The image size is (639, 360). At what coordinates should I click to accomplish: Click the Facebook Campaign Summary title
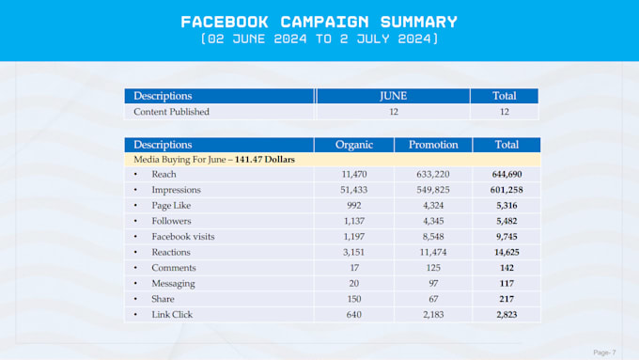(319, 22)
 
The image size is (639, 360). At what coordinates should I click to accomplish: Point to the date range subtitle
(319, 39)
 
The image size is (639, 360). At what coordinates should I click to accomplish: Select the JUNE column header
(393, 96)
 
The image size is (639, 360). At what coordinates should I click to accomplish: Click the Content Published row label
(171, 112)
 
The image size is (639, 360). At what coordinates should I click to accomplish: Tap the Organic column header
(353, 145)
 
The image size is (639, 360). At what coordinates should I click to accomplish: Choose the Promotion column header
(433, 145)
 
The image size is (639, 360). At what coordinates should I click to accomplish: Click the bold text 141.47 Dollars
(264, 160)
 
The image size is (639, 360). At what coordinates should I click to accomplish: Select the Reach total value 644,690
(507, 175)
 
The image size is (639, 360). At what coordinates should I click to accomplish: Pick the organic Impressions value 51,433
(353, 190)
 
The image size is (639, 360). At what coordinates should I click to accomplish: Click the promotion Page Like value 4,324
(433, 206)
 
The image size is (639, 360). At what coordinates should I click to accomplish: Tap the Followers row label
(171, 221)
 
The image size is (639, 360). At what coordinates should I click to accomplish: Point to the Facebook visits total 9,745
(507, 237)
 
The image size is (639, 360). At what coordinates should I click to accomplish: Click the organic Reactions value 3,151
(353, 252)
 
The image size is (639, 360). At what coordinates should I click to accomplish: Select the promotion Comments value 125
(433, 268)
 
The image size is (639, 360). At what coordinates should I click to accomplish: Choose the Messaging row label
(173, 284)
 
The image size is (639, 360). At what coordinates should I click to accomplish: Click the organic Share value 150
(353, 299)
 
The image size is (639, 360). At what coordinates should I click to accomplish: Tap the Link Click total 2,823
(507, 315)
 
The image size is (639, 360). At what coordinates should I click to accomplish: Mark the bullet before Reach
(135, 175)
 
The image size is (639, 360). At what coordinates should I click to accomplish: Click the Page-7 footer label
(604, 352)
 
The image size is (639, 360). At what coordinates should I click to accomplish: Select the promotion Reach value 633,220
(433, 175)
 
